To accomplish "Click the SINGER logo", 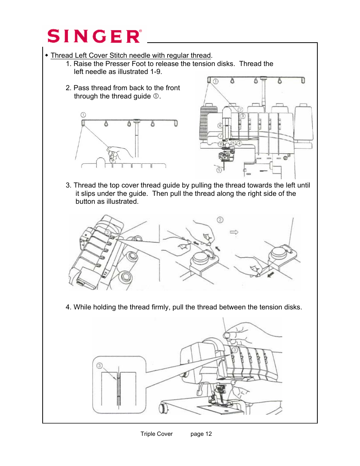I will tap(94, 36).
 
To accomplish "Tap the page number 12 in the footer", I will tap(208, 434).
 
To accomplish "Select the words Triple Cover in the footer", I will tap(157, 434).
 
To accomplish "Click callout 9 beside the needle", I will tap(219, 170).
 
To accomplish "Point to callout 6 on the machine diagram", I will tap(220, 126).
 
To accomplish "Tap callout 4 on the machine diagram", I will tap(239, 143).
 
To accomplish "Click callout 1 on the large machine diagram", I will tap(216, 82).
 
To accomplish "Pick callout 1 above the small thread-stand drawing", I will tap(83, 115).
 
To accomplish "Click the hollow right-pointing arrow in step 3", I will tap(234, 232).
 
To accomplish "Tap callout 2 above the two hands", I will tap(220, 220).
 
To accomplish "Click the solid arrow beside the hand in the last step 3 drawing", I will tap(271, 274).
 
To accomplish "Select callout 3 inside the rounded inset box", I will tap(100, 366).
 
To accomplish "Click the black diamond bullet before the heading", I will tap(47, 55).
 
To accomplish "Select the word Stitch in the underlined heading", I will tap(118, 55).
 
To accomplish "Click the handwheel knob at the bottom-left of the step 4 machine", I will tap(164, 409).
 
